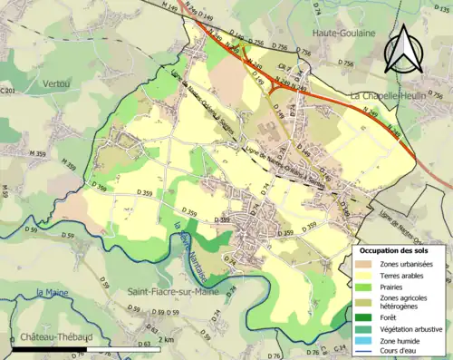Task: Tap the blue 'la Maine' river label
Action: (x=53, y=292)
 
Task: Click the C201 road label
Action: (x=8, y=91)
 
